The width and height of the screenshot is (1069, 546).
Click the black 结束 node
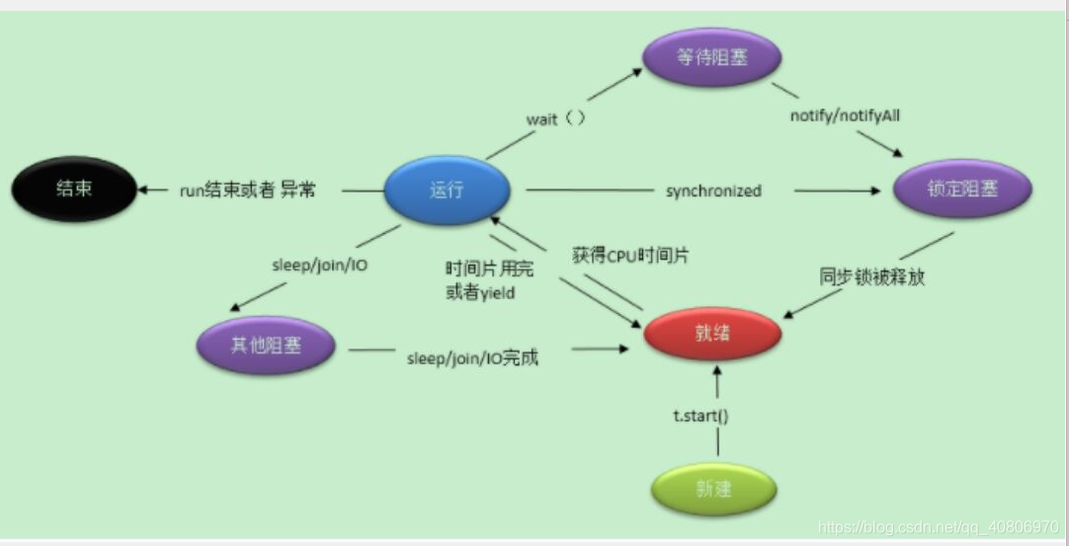74,188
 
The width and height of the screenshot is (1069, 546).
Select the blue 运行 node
447,191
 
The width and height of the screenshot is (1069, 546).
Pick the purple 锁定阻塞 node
960,189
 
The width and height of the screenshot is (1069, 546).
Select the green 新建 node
713,488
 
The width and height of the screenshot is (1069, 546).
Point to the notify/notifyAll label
845,116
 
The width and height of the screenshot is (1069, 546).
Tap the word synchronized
713,191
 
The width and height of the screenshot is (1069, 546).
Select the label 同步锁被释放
872,276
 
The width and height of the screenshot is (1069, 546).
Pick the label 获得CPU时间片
630,256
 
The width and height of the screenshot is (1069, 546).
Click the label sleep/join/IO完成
473,357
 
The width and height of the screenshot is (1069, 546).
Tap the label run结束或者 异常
247,190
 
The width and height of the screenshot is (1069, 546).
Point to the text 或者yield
480,292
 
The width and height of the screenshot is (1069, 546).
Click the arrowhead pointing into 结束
143,190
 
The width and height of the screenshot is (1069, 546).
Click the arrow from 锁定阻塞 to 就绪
869,274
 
